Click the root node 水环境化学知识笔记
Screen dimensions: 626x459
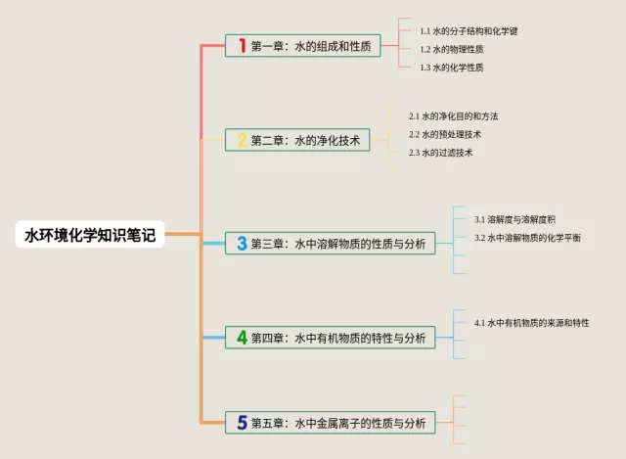(90, 235)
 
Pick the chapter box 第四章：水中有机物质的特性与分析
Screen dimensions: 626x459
(330, 339)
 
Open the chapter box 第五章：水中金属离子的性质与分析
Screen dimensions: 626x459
(330, 423)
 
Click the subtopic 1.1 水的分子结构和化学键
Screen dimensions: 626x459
(469, 31)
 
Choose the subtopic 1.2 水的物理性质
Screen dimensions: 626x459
(452, 49)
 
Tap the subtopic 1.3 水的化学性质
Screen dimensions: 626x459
(452, 68)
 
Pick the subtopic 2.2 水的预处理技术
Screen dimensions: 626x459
(445, 134)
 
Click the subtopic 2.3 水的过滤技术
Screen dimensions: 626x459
(441, 153)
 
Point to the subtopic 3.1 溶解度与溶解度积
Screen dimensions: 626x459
(514, 219)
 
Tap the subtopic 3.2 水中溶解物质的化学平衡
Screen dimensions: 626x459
(527, 238)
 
